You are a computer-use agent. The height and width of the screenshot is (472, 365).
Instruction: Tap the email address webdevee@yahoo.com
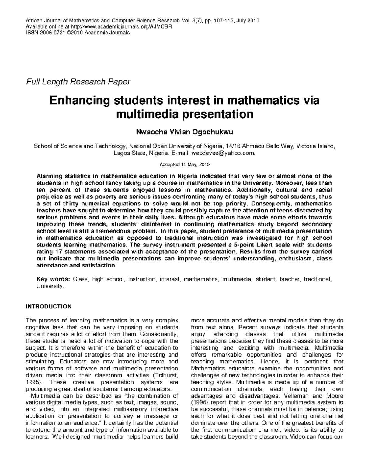pos(222,153)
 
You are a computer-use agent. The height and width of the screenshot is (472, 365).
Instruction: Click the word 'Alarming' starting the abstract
pos(49,176)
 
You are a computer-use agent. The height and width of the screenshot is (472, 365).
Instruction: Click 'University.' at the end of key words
pos(50,286)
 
